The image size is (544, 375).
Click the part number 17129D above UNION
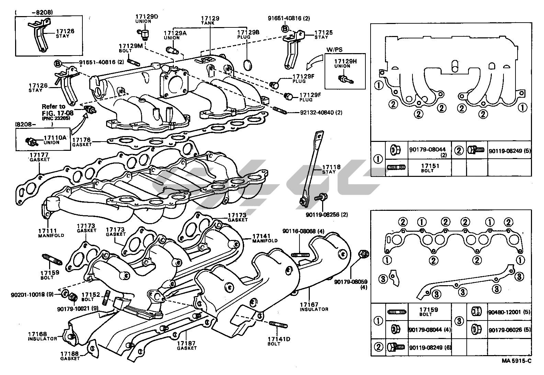click(147, 16)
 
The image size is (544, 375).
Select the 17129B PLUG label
click(248, 34)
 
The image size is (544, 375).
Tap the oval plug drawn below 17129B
click(248, 64)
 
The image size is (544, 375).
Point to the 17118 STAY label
click(331, 169)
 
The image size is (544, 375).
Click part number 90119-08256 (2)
click(327, 215)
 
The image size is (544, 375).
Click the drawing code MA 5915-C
click(517, 361)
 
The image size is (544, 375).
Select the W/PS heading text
click(335, 50)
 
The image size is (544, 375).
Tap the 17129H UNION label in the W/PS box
click(345, 63)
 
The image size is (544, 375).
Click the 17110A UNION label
click(55, 140)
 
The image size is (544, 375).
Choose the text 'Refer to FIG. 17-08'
click(58, 110)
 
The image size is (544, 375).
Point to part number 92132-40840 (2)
click(321, 112)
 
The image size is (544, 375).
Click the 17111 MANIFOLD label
click(51, 233)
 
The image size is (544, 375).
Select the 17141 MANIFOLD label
click(265, 238)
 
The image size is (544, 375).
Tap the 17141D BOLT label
click(279, 341)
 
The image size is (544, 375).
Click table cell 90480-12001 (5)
click(509, 312)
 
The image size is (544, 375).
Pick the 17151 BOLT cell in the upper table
click(430, 168)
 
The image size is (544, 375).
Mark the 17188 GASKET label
click(70, 356)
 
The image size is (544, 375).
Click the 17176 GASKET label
click(82, 142)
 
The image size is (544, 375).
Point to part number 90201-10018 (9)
click(32, 295)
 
